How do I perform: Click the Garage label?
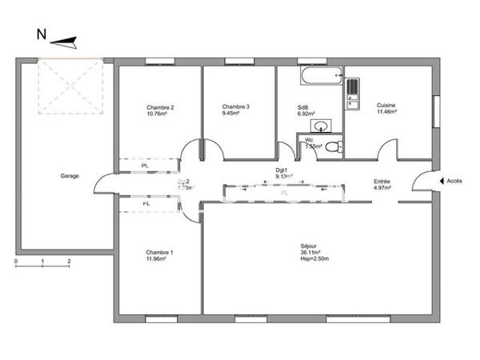70,176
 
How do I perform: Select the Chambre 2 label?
160,107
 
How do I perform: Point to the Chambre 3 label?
236,106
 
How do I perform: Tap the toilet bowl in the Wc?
335,146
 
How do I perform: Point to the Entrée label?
382,182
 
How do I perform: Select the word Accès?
454,182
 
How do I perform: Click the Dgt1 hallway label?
282,170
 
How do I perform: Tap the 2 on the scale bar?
70,262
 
